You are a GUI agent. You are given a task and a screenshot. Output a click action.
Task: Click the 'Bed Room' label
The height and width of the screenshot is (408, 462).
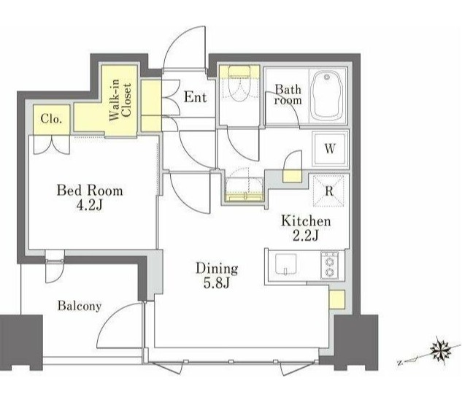coord(90,190)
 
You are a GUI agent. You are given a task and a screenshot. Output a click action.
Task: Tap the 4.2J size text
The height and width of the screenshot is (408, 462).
coord(89,205)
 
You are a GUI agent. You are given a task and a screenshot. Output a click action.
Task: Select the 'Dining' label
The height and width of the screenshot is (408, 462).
coord(217,269)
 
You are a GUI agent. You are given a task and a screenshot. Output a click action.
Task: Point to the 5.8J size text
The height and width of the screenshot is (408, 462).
coord(217,282)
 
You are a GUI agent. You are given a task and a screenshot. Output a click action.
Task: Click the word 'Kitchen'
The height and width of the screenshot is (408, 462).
coord(306,221)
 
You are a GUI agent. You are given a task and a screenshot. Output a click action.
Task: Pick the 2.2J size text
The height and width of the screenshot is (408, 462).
coord(306,235)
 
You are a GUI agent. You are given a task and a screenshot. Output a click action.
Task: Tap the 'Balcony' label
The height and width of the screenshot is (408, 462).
coord(80,306)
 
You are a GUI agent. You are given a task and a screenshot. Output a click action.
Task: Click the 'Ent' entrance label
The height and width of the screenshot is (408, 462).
coord(196,96)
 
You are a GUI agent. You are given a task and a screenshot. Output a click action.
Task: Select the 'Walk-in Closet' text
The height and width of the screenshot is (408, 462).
coord(120,100)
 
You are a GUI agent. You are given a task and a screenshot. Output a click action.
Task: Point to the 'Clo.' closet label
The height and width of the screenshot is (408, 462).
coord(52,119)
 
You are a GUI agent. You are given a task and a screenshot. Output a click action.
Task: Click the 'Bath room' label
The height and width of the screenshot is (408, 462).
coord(288,95)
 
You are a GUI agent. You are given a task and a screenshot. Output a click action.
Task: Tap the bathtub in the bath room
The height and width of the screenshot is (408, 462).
coord(327,95)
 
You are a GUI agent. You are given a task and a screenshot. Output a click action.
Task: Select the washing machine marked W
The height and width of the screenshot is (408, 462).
coord(330,149)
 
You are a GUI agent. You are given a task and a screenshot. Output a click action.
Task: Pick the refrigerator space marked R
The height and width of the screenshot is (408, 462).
coord(328,191)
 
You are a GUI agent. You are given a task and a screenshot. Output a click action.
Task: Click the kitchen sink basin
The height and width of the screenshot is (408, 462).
coord(285,264)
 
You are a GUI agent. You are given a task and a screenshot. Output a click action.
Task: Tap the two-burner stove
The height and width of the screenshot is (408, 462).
coord(329,266)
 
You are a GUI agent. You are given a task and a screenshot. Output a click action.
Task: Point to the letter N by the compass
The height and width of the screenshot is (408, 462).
coord(400,363)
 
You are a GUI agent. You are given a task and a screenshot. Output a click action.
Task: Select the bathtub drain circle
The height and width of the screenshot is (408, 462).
coord(326,77)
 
